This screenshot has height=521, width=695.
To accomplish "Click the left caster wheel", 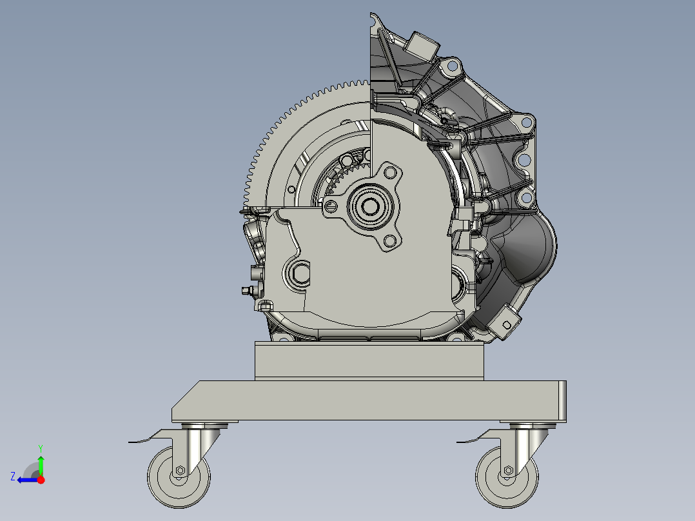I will point(179,477).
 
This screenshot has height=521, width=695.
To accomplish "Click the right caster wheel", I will point(507,477).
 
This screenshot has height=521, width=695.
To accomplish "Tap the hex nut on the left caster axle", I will point(180,470).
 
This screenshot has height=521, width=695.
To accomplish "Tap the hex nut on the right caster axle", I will point(509,470).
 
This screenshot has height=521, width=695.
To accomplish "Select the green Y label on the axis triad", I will point(40,447).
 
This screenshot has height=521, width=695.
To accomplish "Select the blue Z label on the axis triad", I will point(13,476).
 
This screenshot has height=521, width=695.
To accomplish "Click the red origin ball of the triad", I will point(41,480).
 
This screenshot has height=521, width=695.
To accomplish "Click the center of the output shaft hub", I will point(371,206).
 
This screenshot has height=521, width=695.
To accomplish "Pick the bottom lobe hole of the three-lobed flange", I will point(389,241).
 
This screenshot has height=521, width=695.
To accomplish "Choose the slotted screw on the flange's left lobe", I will point(331,206).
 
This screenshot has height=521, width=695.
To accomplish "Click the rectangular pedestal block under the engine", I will point(369,361).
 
